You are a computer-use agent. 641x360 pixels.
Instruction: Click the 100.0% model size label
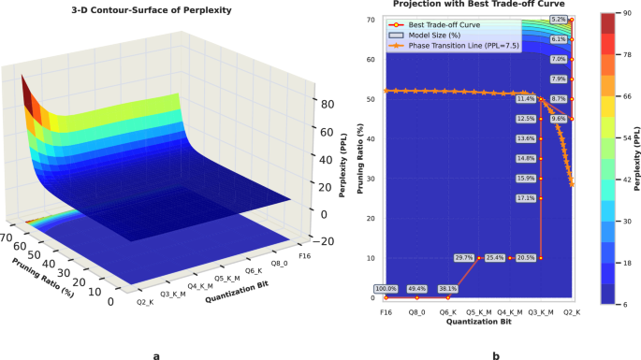pos(386,289)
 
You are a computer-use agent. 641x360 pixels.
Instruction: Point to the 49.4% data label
pos(417,289)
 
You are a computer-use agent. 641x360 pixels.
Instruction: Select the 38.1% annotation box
pos(448,289)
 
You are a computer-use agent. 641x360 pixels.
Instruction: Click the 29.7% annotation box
pos(464,257)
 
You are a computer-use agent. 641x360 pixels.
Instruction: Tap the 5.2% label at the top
pos(559,20)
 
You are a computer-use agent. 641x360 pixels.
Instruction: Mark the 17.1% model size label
pos(526,198)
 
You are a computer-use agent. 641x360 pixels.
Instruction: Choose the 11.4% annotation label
pos(526,98)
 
